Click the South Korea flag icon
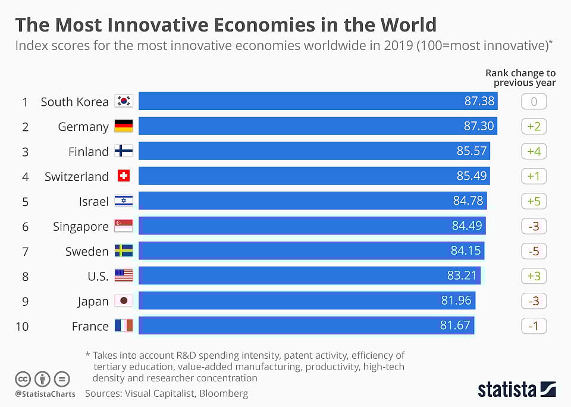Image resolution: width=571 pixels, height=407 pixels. point(124,101)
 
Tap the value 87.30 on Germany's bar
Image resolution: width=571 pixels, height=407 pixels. point(479,126)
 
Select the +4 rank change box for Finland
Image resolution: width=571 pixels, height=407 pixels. point(534,151)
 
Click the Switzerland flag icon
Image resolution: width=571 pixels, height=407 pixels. point(124,176)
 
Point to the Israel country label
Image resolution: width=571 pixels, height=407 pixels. point(94,201)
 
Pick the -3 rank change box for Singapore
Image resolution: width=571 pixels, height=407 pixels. point(534,226)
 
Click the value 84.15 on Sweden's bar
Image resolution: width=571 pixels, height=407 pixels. point(466,251)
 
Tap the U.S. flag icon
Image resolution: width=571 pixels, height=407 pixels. point(124,275)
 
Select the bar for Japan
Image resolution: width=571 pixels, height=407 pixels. point(306,300)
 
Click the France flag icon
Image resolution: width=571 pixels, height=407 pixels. point(124,325)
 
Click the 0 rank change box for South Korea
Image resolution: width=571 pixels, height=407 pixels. point(534,102)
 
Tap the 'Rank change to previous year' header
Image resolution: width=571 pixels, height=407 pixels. point(520,77)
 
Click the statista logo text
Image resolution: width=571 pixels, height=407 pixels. point(506,390)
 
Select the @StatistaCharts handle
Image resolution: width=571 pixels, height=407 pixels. point(45,394)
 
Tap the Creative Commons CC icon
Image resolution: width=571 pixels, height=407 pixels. point(23,378)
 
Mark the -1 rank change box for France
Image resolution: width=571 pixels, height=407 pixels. point(534,326)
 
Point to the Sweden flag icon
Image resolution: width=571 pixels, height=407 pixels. point(124,251)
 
